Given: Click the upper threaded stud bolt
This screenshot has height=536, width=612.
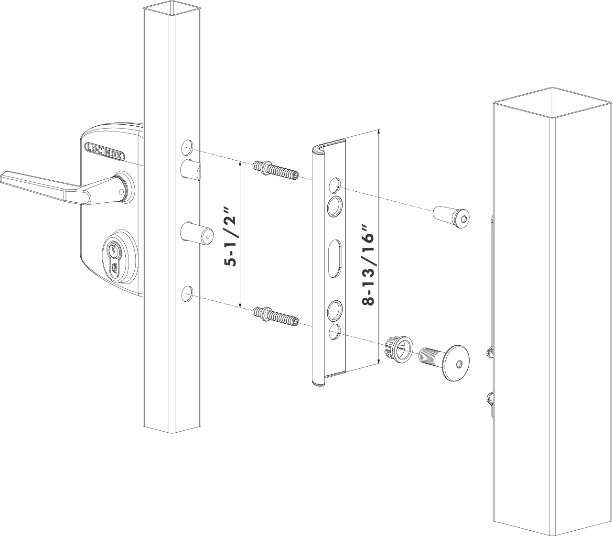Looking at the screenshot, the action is tap(276, 171).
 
